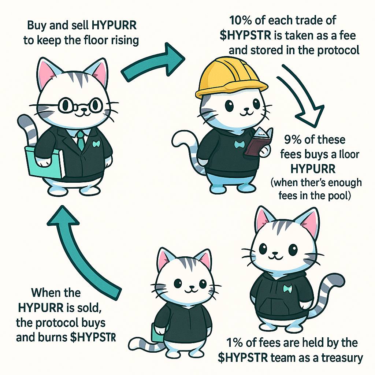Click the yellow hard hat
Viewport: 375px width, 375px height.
(231, 77)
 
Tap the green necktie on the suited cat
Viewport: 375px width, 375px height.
(80, 141)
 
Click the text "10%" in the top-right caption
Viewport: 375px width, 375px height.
(241, 21)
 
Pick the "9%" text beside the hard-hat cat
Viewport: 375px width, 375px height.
(293, 140)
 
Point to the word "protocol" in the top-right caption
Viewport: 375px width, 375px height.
(338, 51)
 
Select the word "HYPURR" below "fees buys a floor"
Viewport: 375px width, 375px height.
(313, 169)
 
